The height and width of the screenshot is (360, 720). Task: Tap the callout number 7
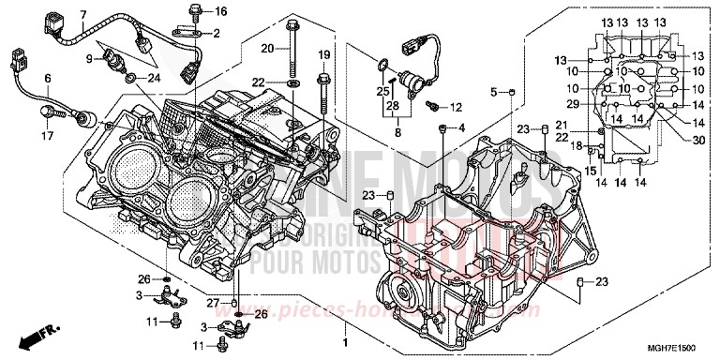pyautogui.click(x=82, y=14)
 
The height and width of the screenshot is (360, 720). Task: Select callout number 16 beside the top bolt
pyautogui.click(x=221, y=11)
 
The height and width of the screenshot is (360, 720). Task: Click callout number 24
pyautogui.click(x=154, y=77)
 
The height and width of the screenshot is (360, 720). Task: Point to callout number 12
pyautogui.click(x=457, y=105)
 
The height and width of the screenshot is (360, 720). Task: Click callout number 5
pyautogui.click(x=493, y=91)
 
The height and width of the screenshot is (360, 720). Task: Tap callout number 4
pyautogui.click(x=461, y=127)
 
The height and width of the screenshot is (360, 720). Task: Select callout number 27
pyautogui.click(x=213, y=303)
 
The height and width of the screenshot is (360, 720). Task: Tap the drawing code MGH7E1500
pyautogui.click(x=678, y=346)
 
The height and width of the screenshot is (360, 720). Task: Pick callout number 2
pyautogui.click(x=217, y=34)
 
